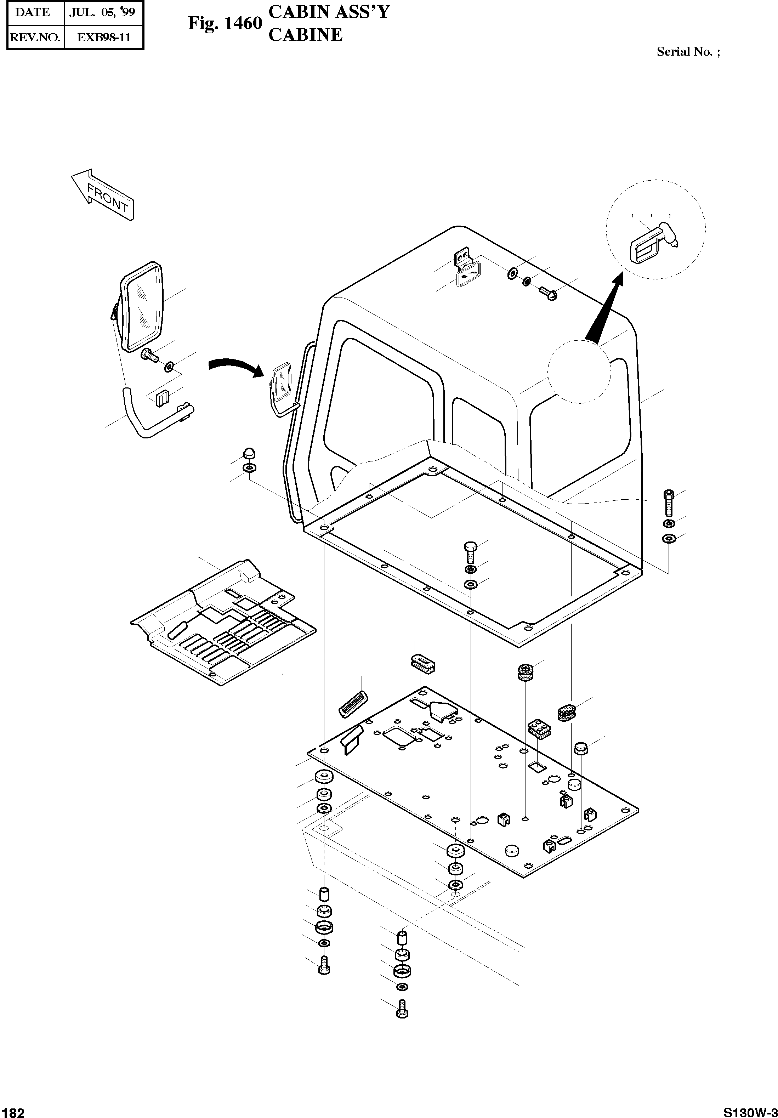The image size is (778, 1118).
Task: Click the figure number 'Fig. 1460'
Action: tap(225, 24)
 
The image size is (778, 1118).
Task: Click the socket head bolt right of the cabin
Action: tap(669, 503)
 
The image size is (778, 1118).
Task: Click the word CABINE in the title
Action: tap(306, 35)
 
